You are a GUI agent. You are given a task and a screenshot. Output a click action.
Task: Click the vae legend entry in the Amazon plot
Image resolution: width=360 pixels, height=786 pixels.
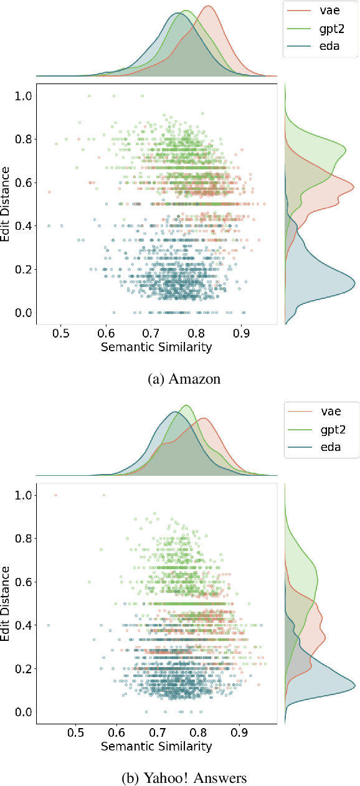click(x=319, y=11)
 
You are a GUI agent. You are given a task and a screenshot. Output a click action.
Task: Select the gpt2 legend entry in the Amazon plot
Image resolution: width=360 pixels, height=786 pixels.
click(x=319, y=29)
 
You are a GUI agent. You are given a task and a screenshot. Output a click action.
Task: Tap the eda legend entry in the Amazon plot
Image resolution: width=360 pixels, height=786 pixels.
click(x=319, y=46)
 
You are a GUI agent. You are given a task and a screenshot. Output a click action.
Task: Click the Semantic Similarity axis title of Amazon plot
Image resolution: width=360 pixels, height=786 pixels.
click(x=156, y=348)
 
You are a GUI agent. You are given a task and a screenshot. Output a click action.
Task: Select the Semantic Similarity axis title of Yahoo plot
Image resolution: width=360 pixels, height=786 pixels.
click(x=156, y=746)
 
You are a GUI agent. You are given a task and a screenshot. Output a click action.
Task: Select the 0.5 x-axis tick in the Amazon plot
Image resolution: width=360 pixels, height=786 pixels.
click(x=61, y=333)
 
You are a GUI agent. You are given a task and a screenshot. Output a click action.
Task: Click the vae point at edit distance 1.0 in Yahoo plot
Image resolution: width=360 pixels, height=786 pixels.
click(x=55, y=495)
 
